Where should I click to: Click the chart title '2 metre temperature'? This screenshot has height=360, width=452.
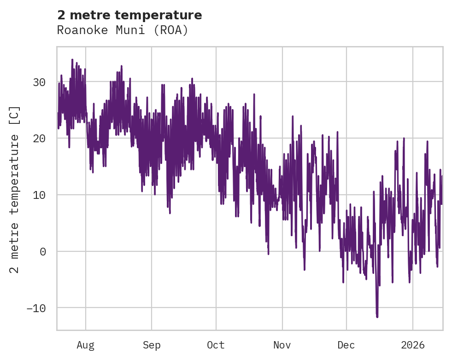pos(129,15)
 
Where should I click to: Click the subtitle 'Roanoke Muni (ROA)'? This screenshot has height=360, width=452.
pos(123,30)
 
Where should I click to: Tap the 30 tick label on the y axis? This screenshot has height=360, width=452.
pos(39,82)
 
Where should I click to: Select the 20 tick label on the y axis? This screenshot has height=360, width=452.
pos(39,139)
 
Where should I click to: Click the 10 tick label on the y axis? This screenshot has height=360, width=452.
pos(39,195)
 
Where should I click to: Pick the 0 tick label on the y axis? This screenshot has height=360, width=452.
pos(43,251)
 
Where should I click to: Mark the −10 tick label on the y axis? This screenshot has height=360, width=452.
pos(35,308)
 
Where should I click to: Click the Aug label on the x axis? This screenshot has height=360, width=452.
pos(85,345)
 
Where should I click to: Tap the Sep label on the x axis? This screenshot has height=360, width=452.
pos(151,345)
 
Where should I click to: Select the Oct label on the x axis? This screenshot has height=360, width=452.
pos(216,345)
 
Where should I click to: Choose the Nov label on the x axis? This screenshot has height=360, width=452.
pos(282,345)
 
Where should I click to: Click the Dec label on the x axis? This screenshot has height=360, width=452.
pos(346,345)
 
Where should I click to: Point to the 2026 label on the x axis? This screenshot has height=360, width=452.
pos(413,345)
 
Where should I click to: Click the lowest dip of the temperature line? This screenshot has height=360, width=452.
pos(377,317)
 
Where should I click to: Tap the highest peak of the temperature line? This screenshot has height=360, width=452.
pos(72,59)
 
